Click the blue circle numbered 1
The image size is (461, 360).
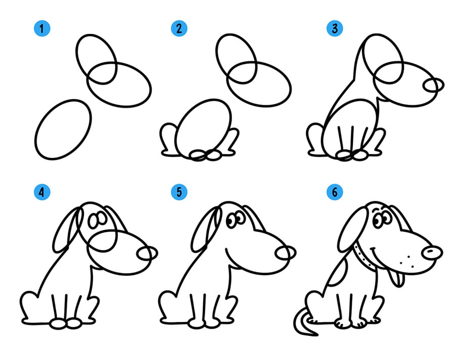coord(42,28)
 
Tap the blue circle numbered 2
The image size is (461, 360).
coord(179,28)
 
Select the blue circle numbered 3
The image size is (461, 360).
coord(335,28)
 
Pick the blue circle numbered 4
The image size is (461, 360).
coord(42,192)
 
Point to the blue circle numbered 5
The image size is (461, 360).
coord(179,192)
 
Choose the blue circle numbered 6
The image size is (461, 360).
coord(335,192)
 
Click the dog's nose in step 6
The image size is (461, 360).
coord(432,253)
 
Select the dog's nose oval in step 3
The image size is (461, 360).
coord(433,85)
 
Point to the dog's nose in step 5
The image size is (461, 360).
coord(286,253)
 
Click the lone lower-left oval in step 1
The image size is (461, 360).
coord(63,129)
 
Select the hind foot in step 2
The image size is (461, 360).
coord(168,140)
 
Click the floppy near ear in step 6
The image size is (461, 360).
coord(353,230)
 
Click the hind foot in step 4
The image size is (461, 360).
coord(29,307)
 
